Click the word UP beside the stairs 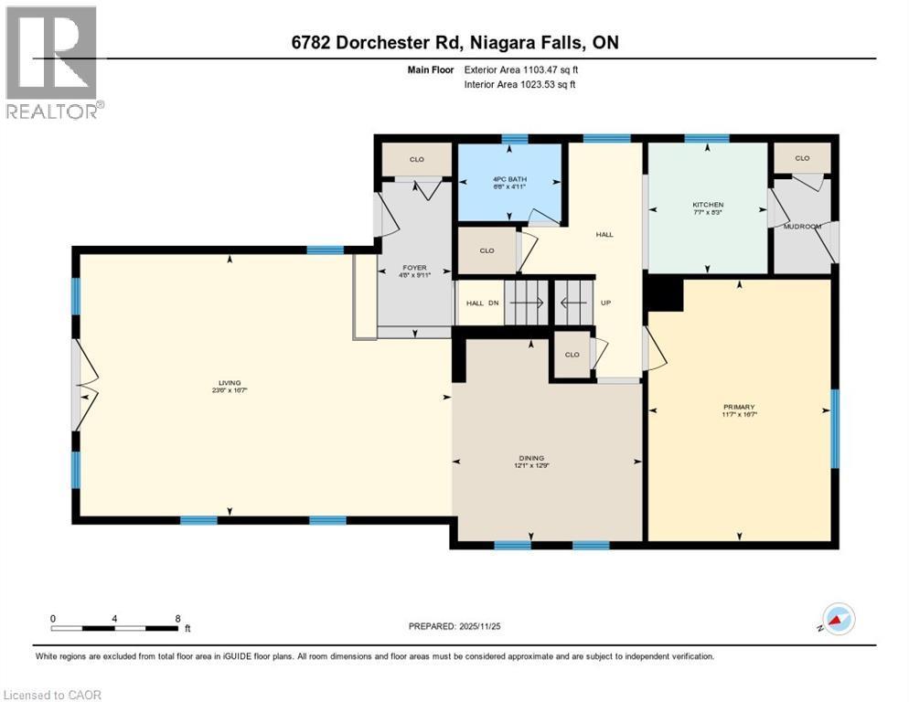[604, 303]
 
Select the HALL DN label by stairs [481, 303]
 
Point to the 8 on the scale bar [176, 618]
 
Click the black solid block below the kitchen [664, 294]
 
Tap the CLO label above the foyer [417, 159]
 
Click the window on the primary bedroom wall [834, 428]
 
